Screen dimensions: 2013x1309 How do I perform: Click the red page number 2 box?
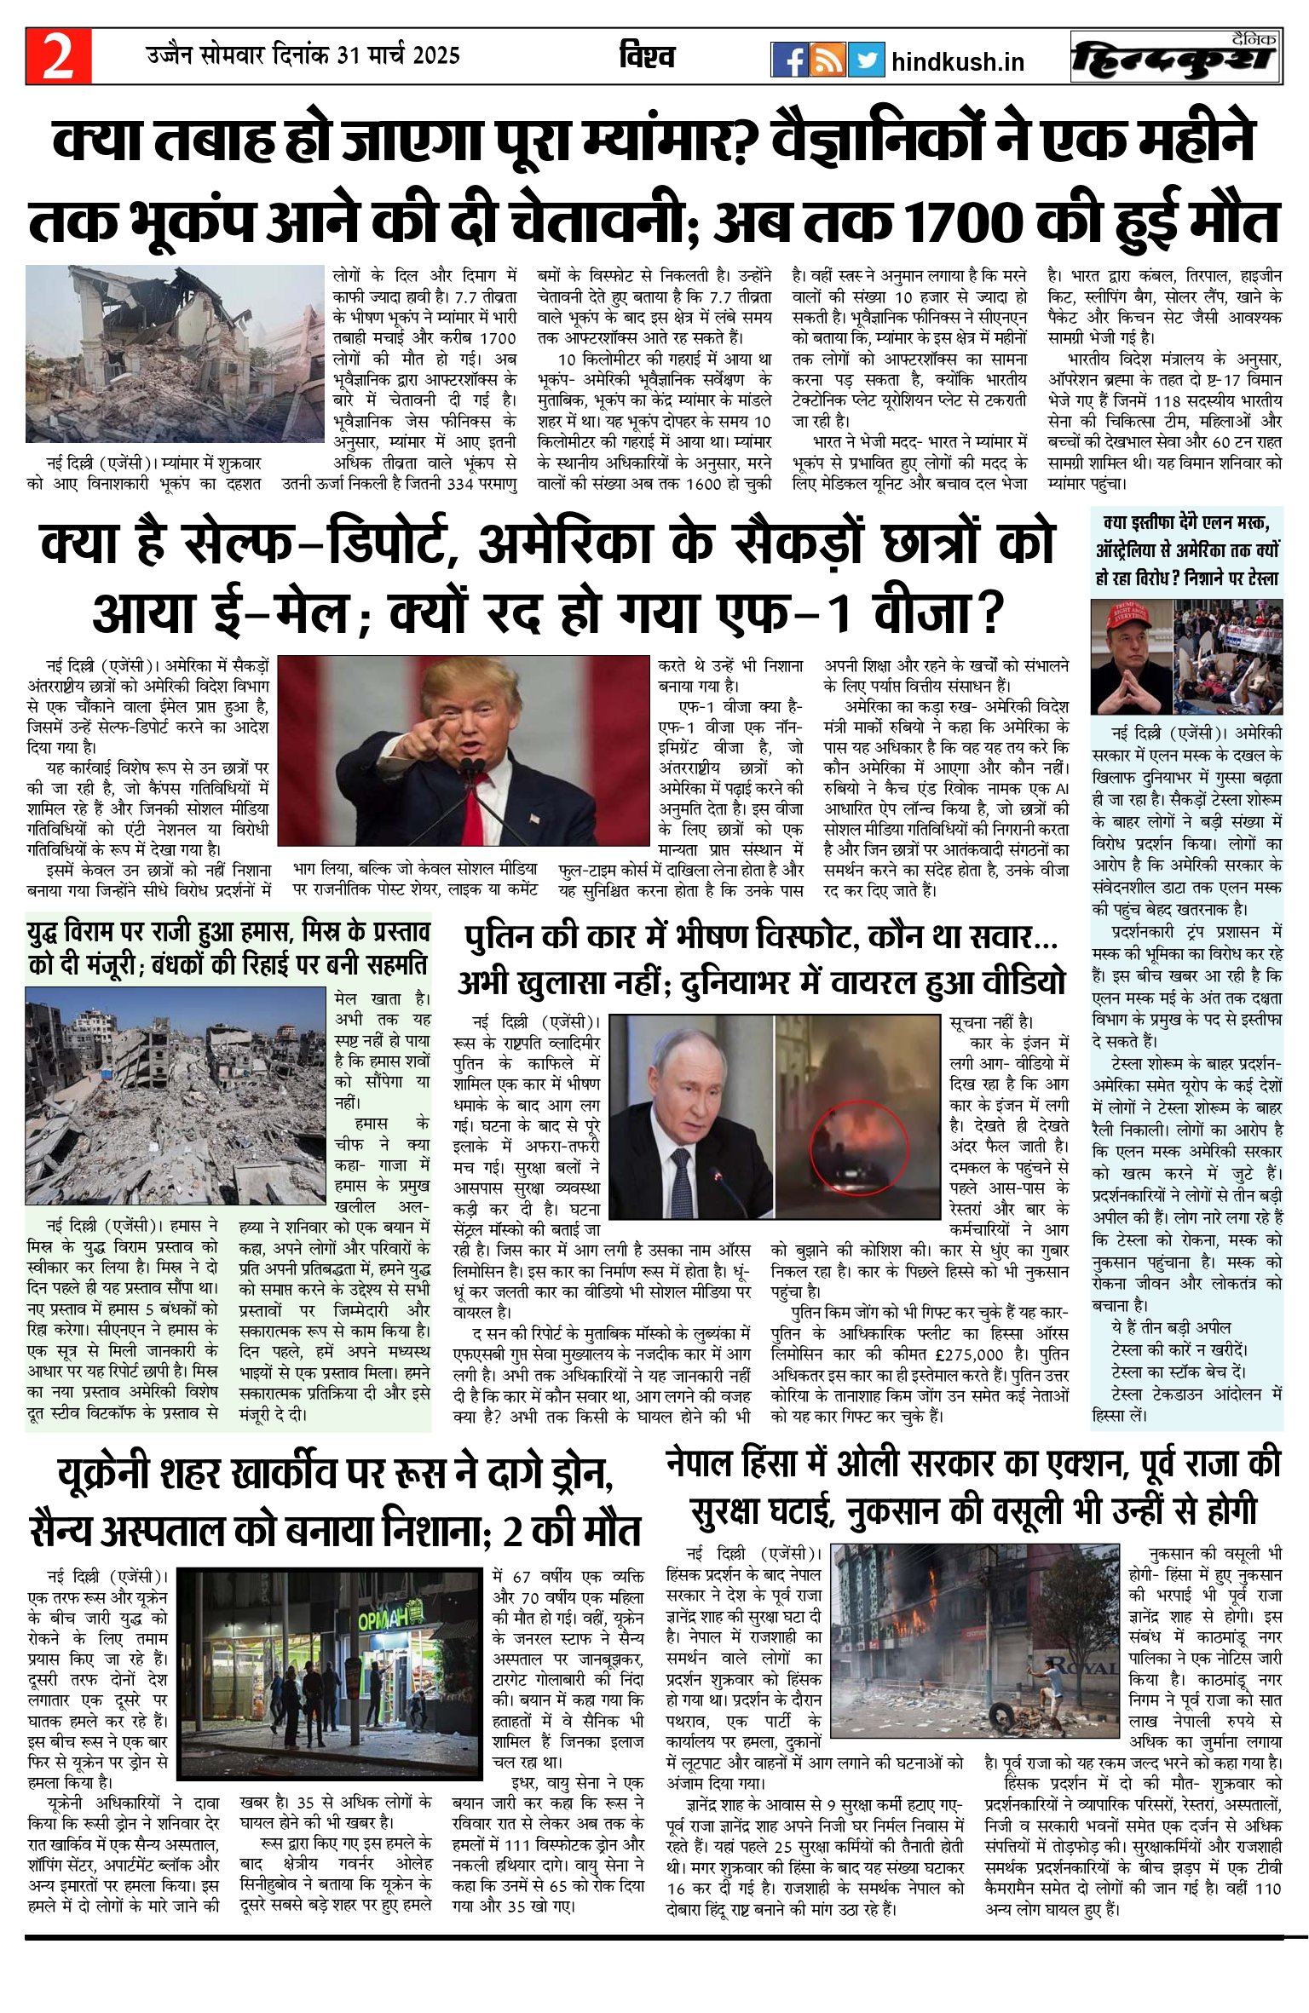(x=58, y=56)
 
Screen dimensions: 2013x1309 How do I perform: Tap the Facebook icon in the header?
(x=789, y=60)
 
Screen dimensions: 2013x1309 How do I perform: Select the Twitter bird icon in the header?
(x=867, y=60)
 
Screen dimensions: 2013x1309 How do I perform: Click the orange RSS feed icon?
(x=827, y=60)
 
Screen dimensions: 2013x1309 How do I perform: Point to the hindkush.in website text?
(x=957, y=62)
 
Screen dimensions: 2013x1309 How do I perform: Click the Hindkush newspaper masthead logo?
(x=1176, y=57)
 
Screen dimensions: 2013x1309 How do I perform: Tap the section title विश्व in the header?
(x=648, y=57)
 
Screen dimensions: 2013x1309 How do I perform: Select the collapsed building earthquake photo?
(x=175, y=354)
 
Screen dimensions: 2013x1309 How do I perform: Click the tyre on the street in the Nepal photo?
(x=1000, y=1706)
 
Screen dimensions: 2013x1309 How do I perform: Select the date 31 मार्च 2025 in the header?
(x=398, y=56)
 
